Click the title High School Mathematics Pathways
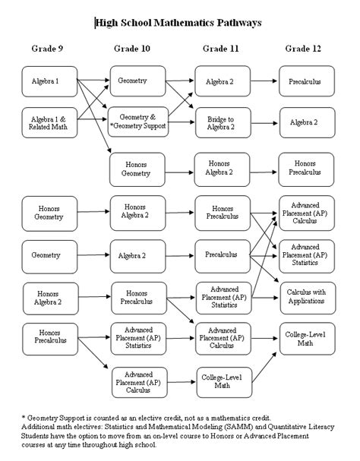[179, 23]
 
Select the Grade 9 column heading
[48, 49]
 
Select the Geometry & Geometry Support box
[138, 122]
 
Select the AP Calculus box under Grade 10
[138, 380]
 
